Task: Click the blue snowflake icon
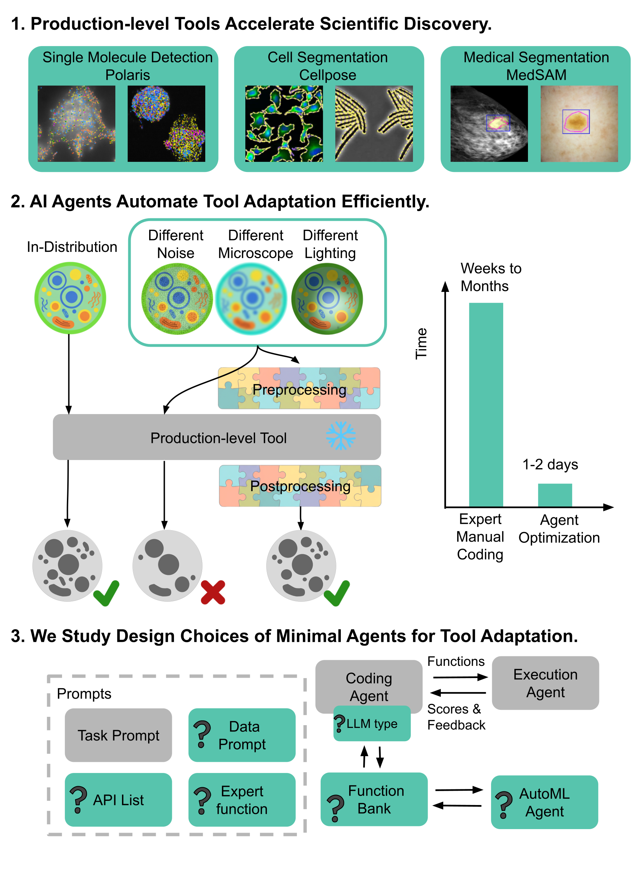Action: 341,435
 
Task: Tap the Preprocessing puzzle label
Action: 299,389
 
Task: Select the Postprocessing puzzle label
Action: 300,486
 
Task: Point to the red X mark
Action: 213,592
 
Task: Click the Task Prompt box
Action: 118,735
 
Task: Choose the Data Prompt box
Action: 242,735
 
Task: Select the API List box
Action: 118,799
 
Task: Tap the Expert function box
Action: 242,799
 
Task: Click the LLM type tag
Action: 371,724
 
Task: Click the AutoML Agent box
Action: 544,802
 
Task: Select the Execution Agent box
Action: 545,683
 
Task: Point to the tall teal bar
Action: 486,404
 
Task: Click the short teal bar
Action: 555,495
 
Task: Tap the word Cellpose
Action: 328,75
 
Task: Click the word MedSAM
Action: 536,75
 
